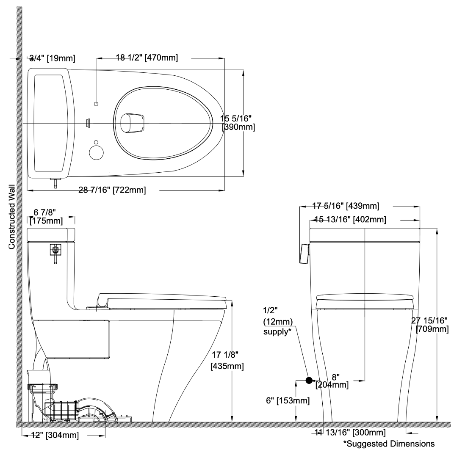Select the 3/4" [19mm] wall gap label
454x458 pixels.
[47, 58]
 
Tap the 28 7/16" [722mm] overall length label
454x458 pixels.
[112, 190]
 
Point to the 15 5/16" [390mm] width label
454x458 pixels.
[238, 122]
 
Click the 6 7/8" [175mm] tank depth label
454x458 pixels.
[45, 216]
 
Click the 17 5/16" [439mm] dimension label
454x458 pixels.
[346, 206]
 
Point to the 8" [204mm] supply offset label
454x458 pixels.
[332, 381]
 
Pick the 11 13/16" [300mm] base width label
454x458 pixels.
[350, 432]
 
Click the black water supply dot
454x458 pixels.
[309, 380]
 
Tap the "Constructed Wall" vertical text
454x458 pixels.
[12, 216]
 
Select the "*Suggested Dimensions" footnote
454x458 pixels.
[389, 444]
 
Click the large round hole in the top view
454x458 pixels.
[97, 153]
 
